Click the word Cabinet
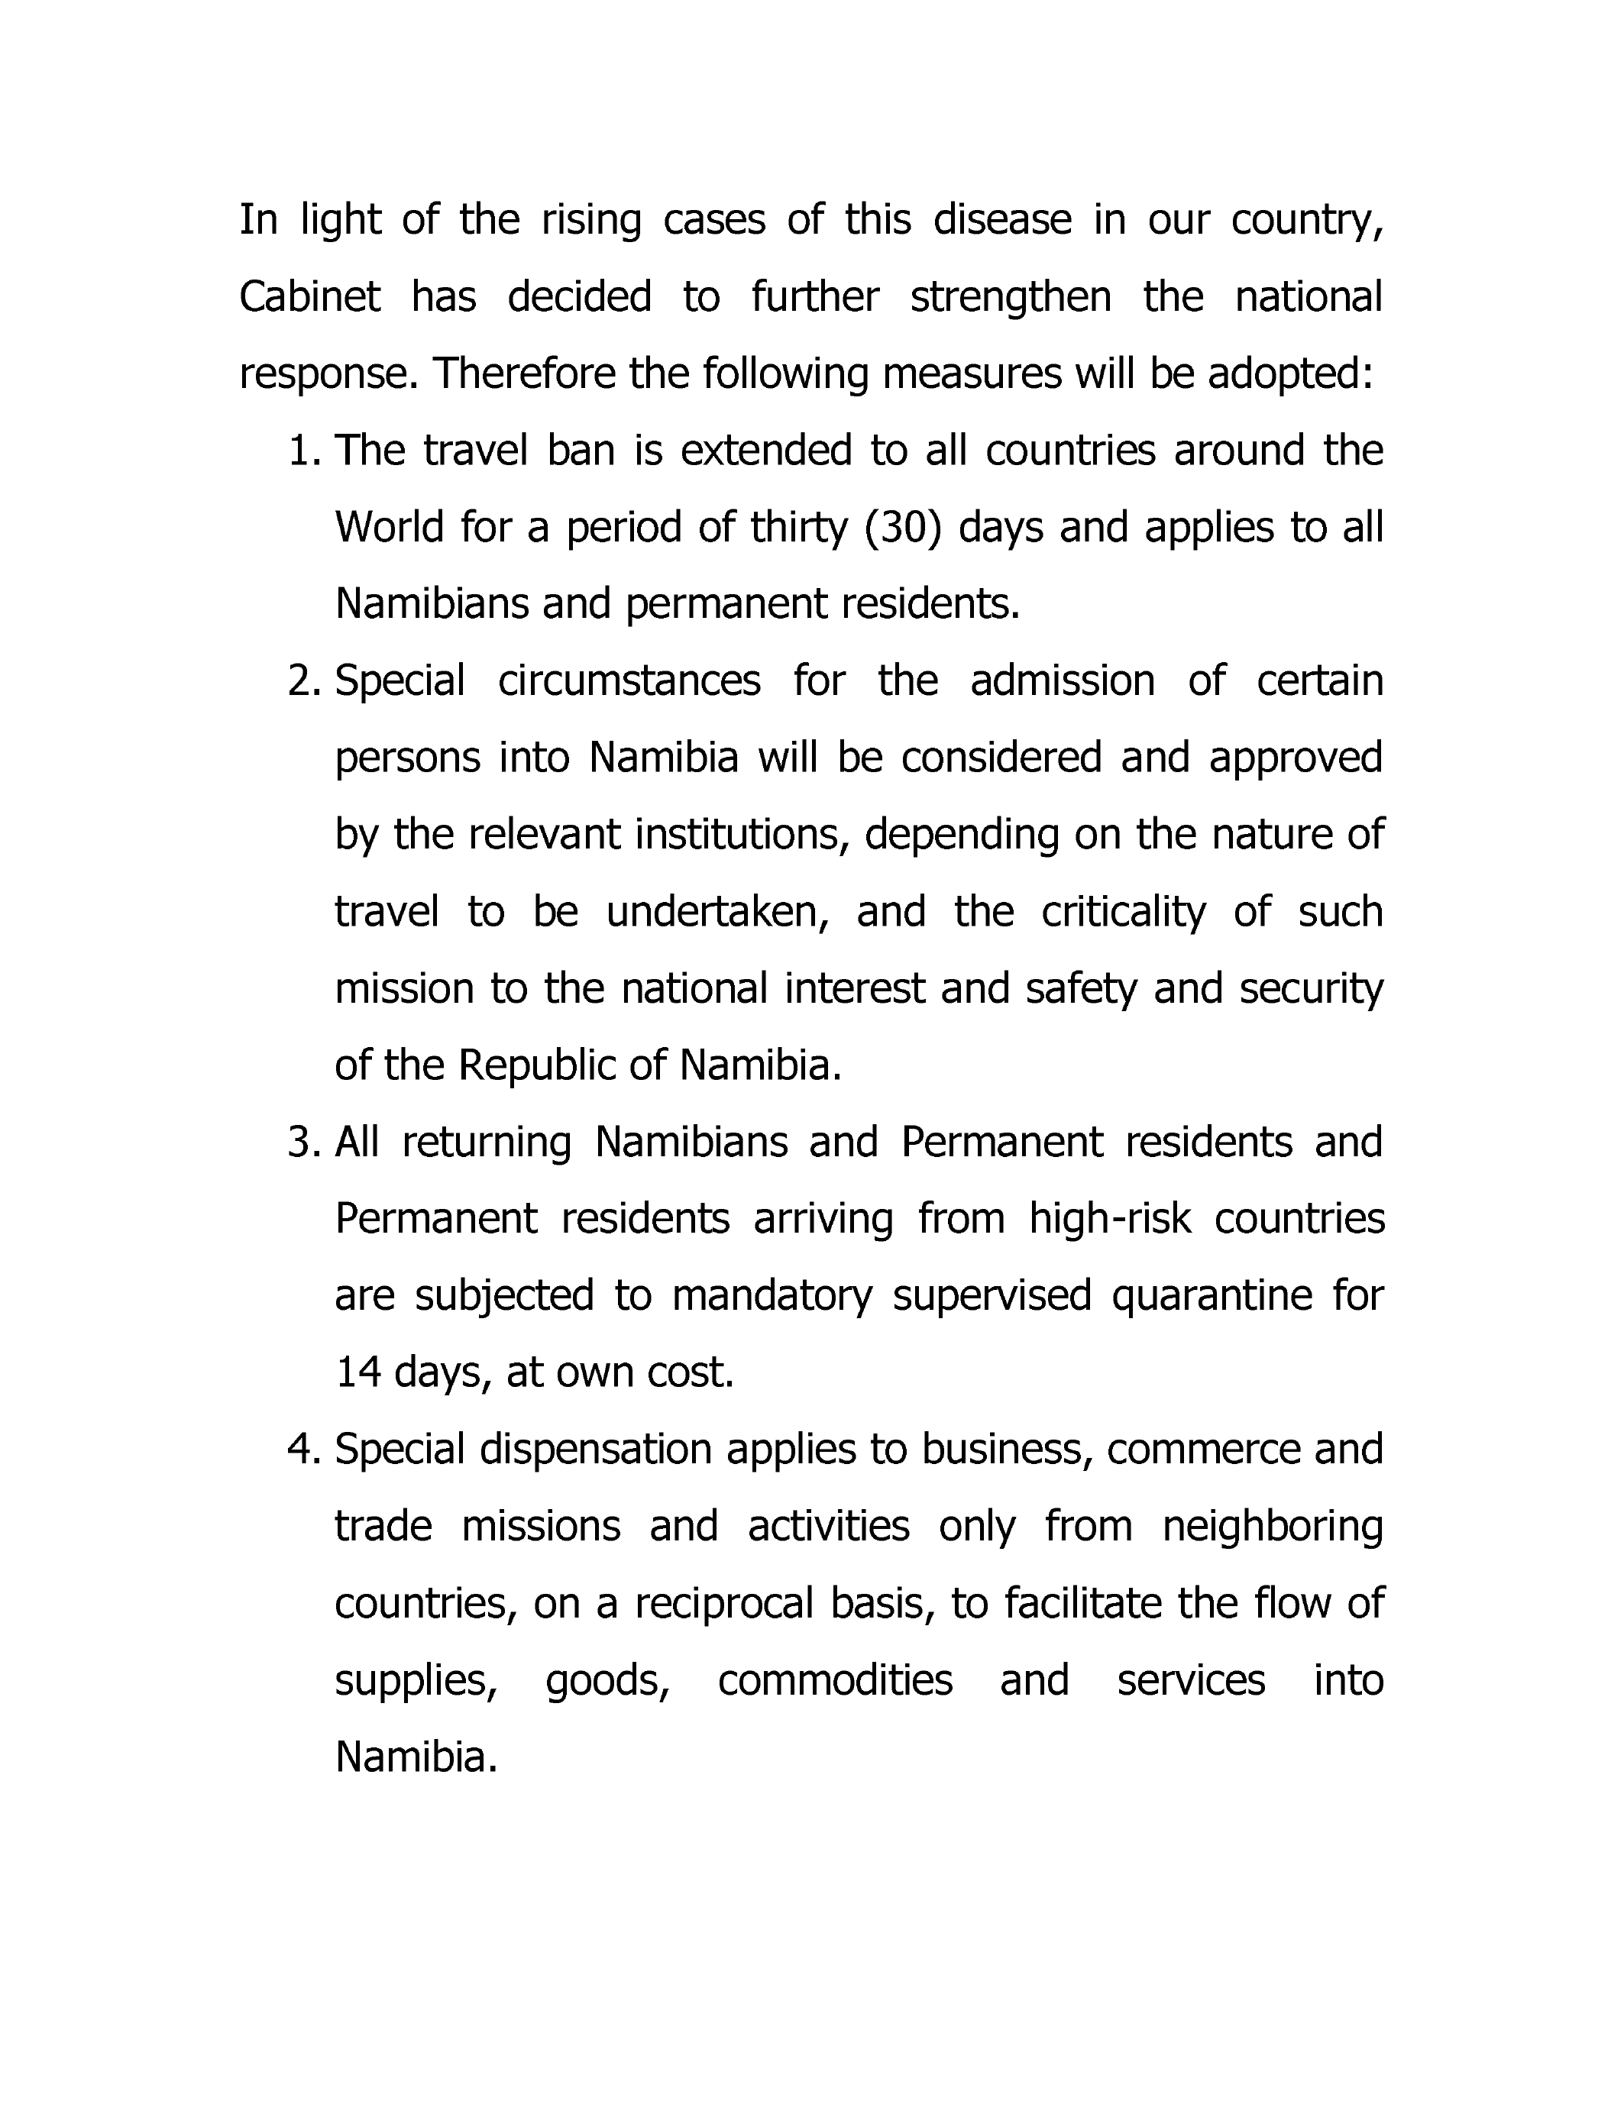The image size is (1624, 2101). click(310, 297)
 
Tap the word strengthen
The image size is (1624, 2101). click(1010, 297)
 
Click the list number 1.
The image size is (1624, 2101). click(303, 451)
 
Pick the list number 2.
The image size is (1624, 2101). click(303, 682)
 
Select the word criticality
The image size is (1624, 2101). click(1123, 912)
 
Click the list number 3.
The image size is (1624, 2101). click(303, 1143)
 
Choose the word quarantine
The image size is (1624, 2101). click(1212, 1296)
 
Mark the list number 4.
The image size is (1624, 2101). click(303, 1450)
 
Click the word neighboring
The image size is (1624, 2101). click(1272, 1527)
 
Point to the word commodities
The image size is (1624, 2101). click(835, 1681)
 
